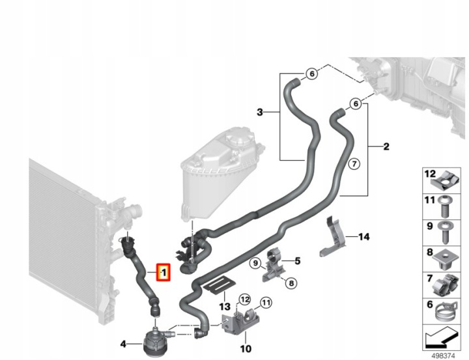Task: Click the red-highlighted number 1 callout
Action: pos(163,272)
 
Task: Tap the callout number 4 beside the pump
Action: pos(123,344)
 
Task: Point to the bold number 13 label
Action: pos(225,307)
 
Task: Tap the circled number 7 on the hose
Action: pos(354,164)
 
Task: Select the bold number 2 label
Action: pos(386,146)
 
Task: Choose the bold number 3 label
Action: pos(260,113)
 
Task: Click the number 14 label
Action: pos(363,237)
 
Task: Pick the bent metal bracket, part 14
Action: pos(333,237)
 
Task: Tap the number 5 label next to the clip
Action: pos(297,261)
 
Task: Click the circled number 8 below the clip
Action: pos(291,283)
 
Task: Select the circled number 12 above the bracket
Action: pos(245,299)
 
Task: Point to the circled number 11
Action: pos(266,303)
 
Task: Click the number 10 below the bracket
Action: pos(246,348)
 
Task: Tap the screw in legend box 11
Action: pos(444,206)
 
